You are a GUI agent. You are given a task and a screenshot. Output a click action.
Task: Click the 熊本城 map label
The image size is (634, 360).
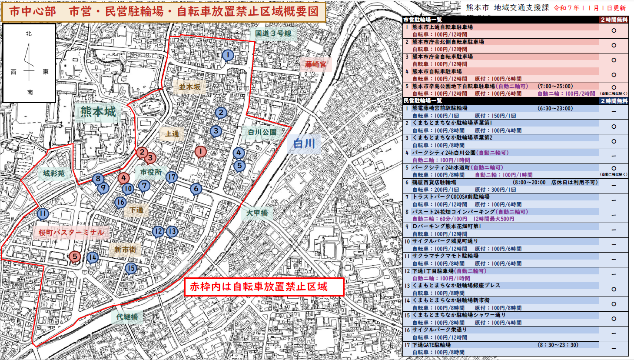(99, 112)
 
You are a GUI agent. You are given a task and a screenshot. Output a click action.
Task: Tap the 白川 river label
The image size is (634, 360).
(304, 143)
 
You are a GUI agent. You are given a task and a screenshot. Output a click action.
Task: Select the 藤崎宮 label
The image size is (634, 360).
(315, 65)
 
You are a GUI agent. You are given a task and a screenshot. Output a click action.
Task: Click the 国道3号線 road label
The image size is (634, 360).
(273, 33)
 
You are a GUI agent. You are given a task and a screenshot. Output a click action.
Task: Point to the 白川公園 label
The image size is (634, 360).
(262, 132)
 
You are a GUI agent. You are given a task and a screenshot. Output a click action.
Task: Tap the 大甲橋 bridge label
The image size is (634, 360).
(257, 213)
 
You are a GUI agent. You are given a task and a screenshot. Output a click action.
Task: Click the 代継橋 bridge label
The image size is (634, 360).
(127, 317)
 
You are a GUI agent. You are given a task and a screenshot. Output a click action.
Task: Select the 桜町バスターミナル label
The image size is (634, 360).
(71, 233)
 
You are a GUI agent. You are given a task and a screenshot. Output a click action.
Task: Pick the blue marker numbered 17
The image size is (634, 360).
(172, 177)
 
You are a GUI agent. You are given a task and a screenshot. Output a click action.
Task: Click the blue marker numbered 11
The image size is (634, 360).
(43, 214)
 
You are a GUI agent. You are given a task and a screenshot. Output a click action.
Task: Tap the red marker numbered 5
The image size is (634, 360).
(75, 257)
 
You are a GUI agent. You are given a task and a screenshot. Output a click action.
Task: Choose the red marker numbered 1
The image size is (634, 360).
(200, 152)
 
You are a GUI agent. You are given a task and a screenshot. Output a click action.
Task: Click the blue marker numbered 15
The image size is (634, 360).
(131, 268)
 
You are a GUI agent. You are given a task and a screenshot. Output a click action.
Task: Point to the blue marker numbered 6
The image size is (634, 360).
(196, 189)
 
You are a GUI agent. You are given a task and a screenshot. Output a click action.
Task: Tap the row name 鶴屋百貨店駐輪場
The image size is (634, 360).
(434, 183)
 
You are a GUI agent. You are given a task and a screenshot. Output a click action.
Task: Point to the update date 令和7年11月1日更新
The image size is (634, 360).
(590, 8)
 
